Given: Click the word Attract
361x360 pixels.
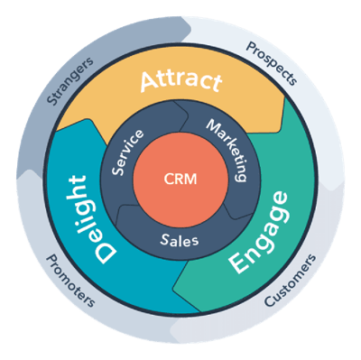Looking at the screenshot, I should point(180,82).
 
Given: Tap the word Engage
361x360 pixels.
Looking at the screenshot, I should point(260,230).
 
